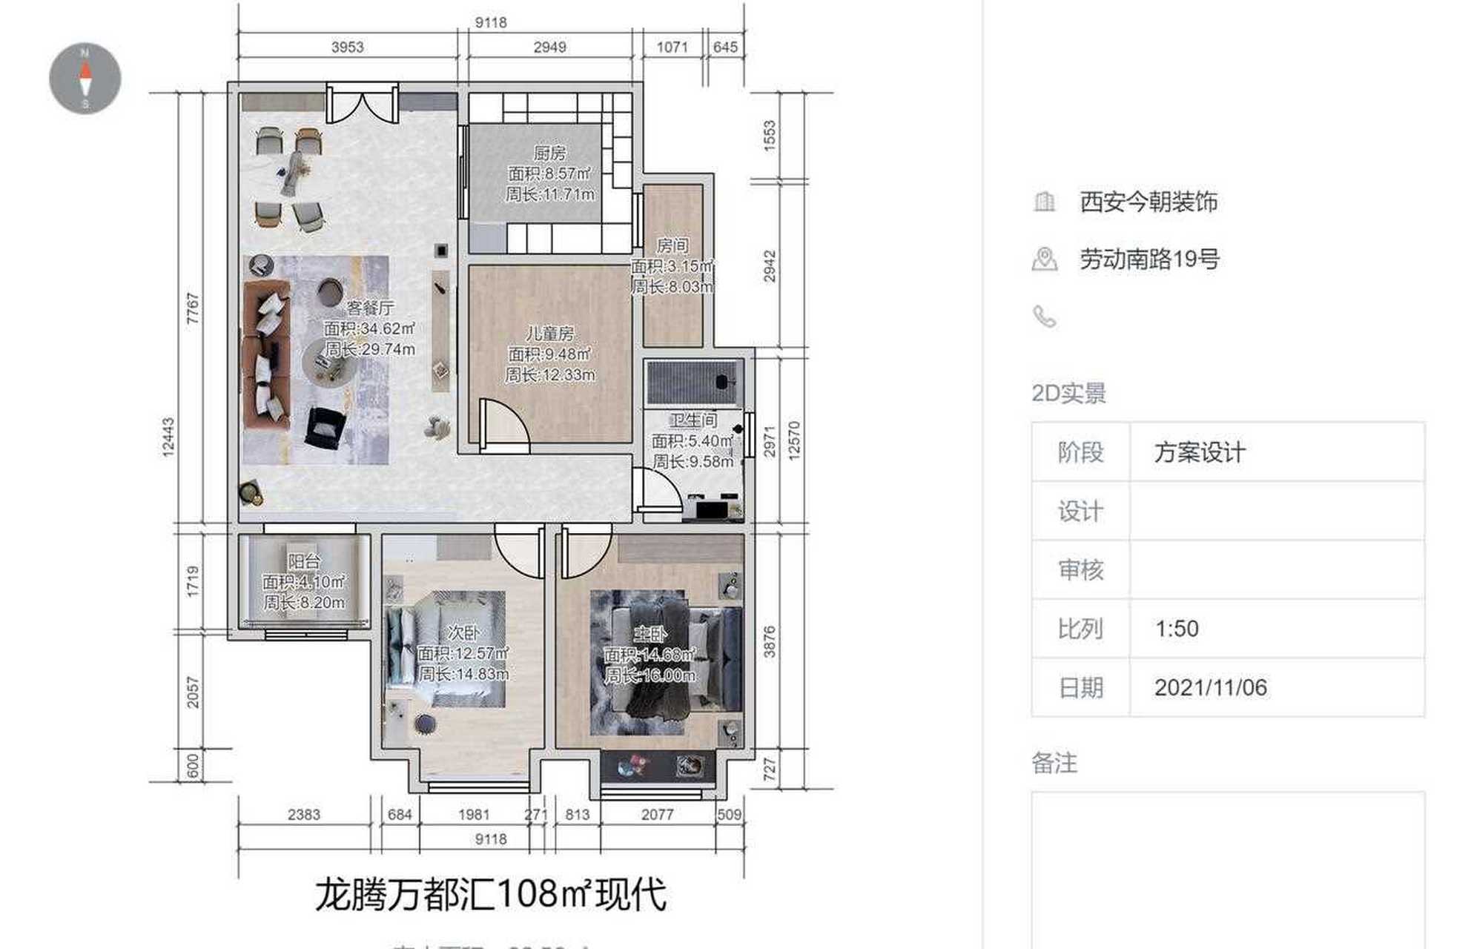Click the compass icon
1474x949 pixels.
point(85,79)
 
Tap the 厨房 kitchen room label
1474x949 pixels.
point(549,153)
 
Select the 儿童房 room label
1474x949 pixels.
point(549,334)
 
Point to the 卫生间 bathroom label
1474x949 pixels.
point(693,420)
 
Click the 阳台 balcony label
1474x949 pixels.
point(304,561)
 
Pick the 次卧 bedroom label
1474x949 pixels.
point(463,632)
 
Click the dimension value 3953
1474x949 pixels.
point(347,47)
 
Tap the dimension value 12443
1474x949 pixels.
point(169,437)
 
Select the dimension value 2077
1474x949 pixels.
point(657,815)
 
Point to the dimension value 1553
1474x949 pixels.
point(770,136)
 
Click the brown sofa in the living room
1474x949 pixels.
point(265,354)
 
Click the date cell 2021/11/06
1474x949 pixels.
point(1210,688)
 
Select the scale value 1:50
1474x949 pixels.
point(1177,629)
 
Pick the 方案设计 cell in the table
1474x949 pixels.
point(1200,452)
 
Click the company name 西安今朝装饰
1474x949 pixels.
point(1148,202)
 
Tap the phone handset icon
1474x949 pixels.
point(1045,317)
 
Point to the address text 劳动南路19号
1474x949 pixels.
point(1149,259)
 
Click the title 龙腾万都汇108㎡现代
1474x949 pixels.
point(491,895)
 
